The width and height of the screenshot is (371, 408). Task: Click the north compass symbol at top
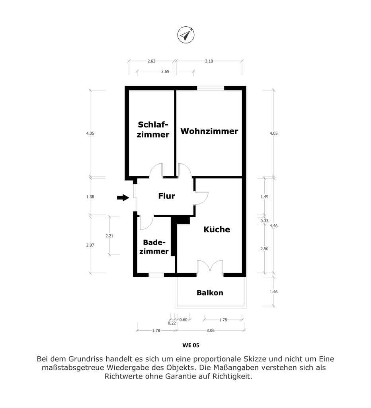tap(186, 35)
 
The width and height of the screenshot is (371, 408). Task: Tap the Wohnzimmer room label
tap(209, 131)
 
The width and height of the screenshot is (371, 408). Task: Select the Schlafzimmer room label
tap(153, 129)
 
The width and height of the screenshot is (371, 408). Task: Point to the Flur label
tap(167, 196)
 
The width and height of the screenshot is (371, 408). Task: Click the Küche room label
tap(217, 229)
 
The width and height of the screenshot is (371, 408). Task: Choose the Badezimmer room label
tap(154, 247)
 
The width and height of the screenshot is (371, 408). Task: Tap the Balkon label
tap(210, 293)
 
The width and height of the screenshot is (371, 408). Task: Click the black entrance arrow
tap(123, 198)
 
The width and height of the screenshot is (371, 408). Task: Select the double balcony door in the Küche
tap(210, 267)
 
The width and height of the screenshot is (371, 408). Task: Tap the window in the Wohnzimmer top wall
tap(211, 88)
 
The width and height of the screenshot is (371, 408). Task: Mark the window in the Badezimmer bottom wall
tap(156, 275)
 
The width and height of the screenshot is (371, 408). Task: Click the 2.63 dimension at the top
tap(151, 61)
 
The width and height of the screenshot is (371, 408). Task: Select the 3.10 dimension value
tap(209, 61)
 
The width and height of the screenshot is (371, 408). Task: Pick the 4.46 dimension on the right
tap(273, 226)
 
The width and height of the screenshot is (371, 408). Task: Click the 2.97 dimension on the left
tap(90, 245)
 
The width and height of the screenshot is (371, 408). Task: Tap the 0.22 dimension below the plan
tap(172, 323)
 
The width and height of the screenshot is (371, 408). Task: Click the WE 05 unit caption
tap(191, 345)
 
